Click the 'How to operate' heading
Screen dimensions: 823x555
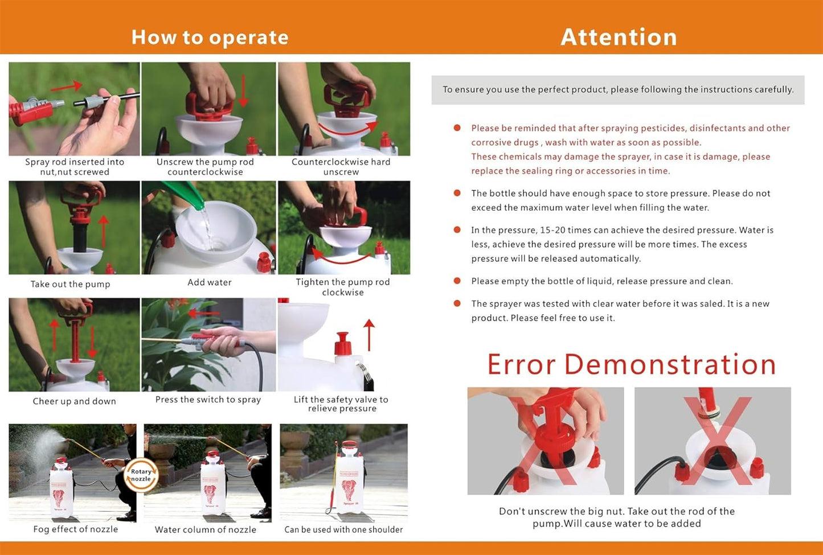click(210, 38)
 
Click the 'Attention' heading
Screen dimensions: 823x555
click(619, 37)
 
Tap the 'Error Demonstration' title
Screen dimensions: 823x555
click(632, 364)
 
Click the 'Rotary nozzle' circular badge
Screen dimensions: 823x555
click(141, 475)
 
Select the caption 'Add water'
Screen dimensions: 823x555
click(210, 282)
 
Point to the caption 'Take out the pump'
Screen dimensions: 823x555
click(70, 284)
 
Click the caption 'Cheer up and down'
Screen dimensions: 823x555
click(74, 401)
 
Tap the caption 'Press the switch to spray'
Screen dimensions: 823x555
click(208, 400)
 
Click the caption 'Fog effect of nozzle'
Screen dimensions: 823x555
click(75, 529)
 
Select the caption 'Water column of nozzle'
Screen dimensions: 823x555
click(206, 529)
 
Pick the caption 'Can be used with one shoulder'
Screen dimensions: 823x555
click(343, 529)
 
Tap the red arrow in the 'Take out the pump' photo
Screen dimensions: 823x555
click(104, 232)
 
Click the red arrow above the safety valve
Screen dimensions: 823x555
click(369, 335)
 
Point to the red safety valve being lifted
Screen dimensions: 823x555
click(342, 344)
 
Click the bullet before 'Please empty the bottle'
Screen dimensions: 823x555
click(457, 281)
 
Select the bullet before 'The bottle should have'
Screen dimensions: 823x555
click(457, 193)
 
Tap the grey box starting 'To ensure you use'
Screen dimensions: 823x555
click(618, 90)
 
